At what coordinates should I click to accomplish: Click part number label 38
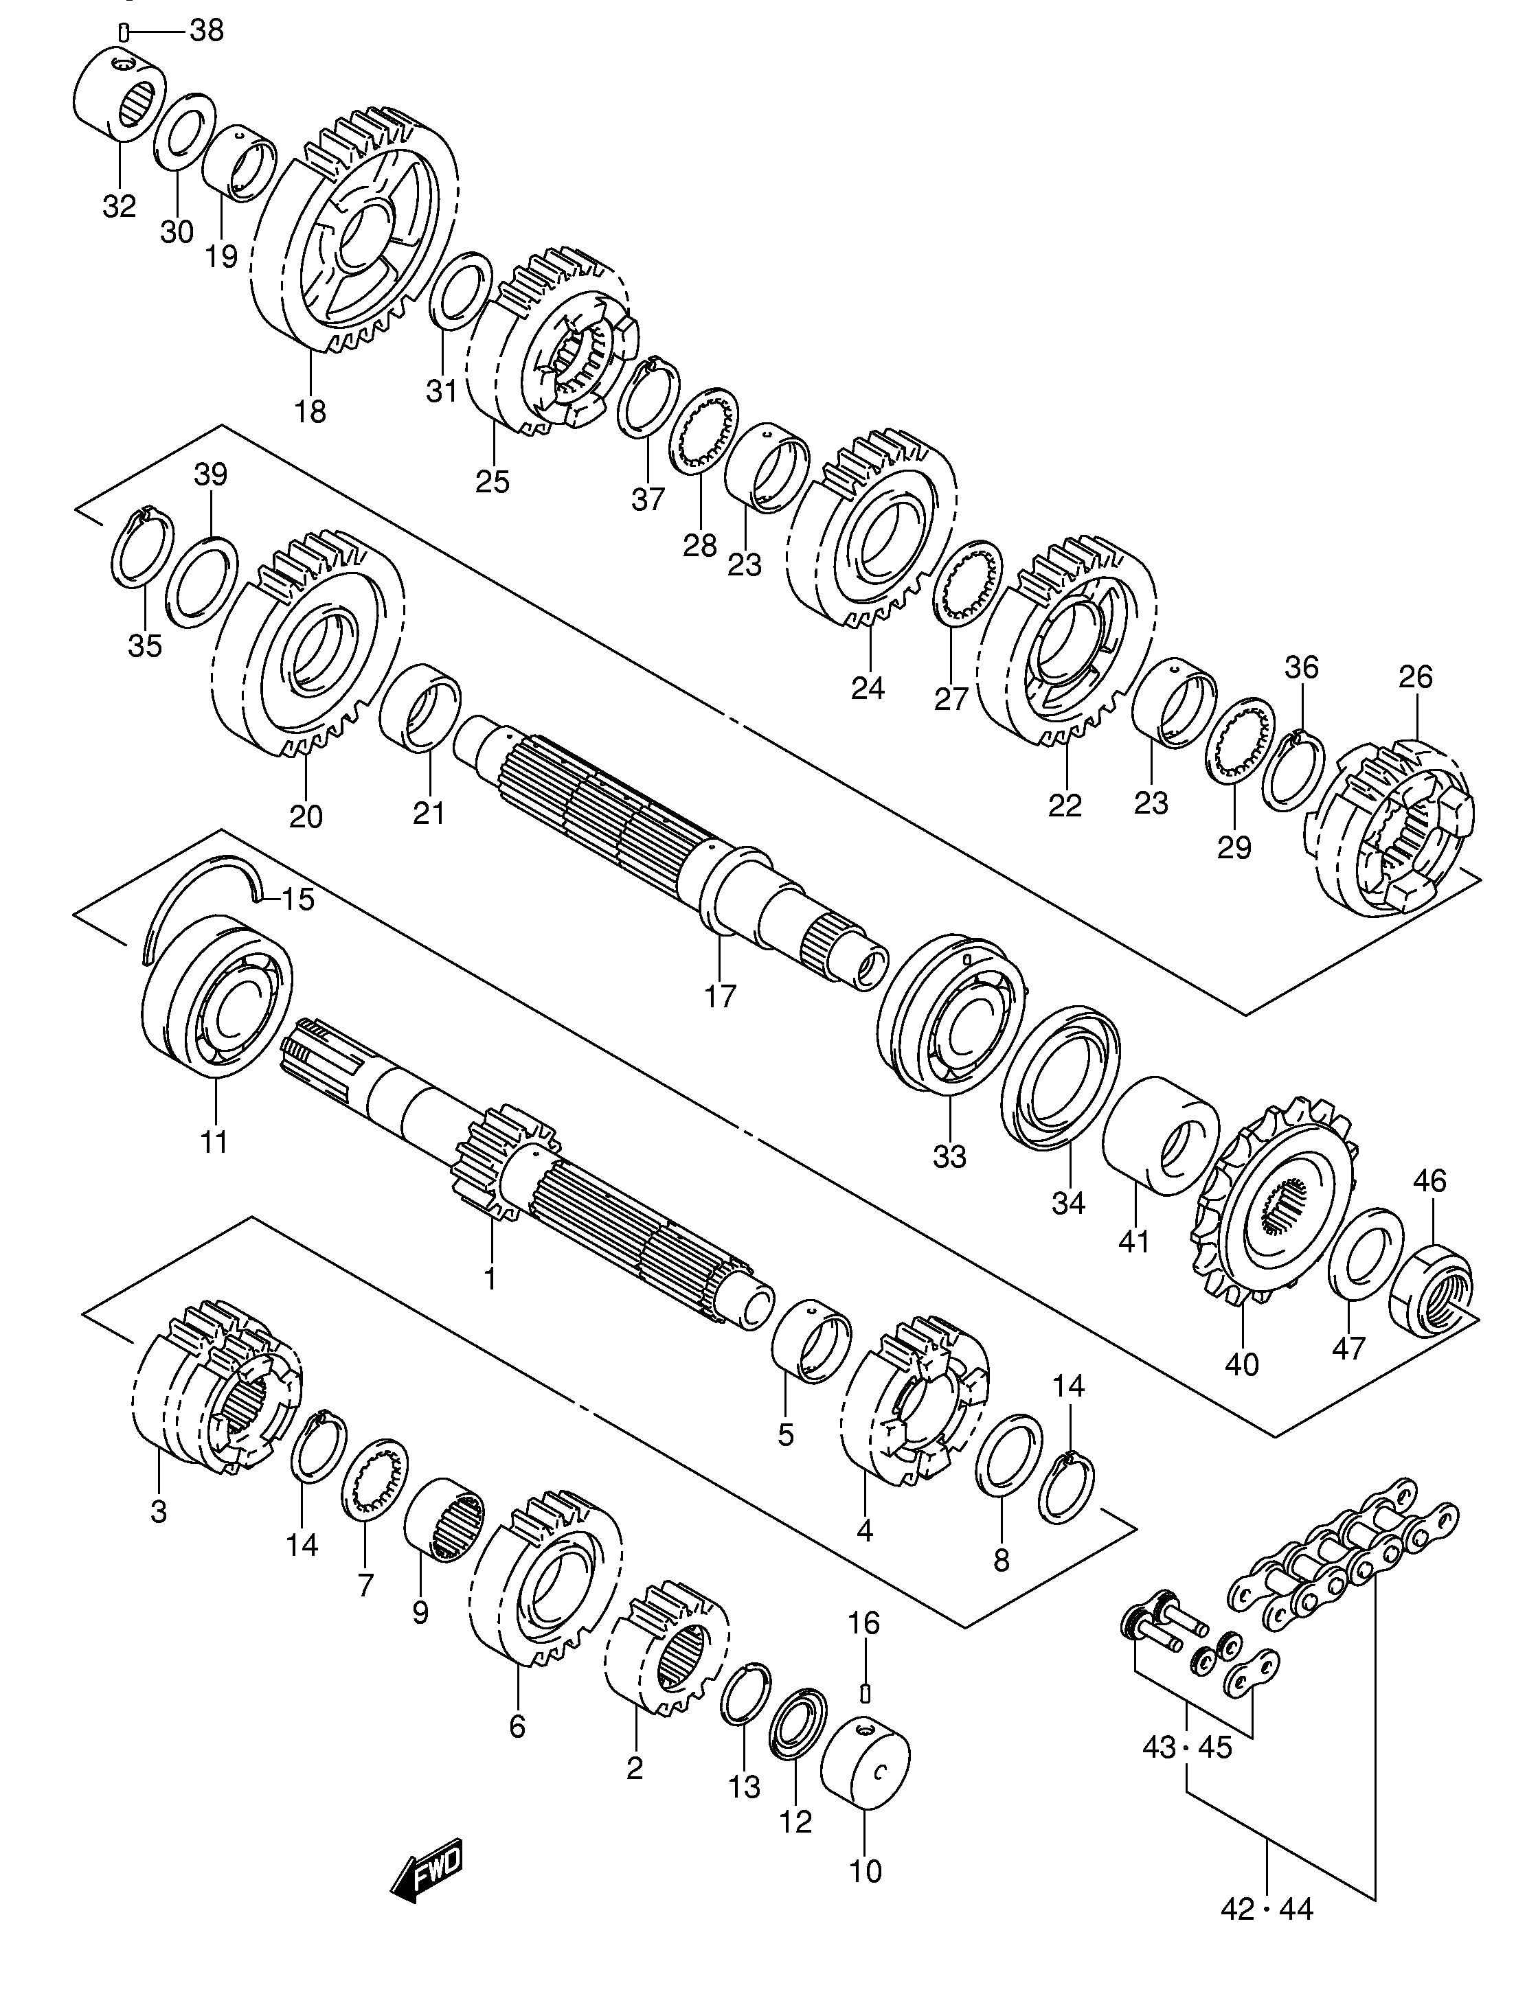coord(206,30)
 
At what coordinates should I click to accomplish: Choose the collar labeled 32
coord(119,96)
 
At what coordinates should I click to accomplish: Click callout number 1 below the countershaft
coord(490,1278)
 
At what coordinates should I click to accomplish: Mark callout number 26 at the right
coord(1415,677)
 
